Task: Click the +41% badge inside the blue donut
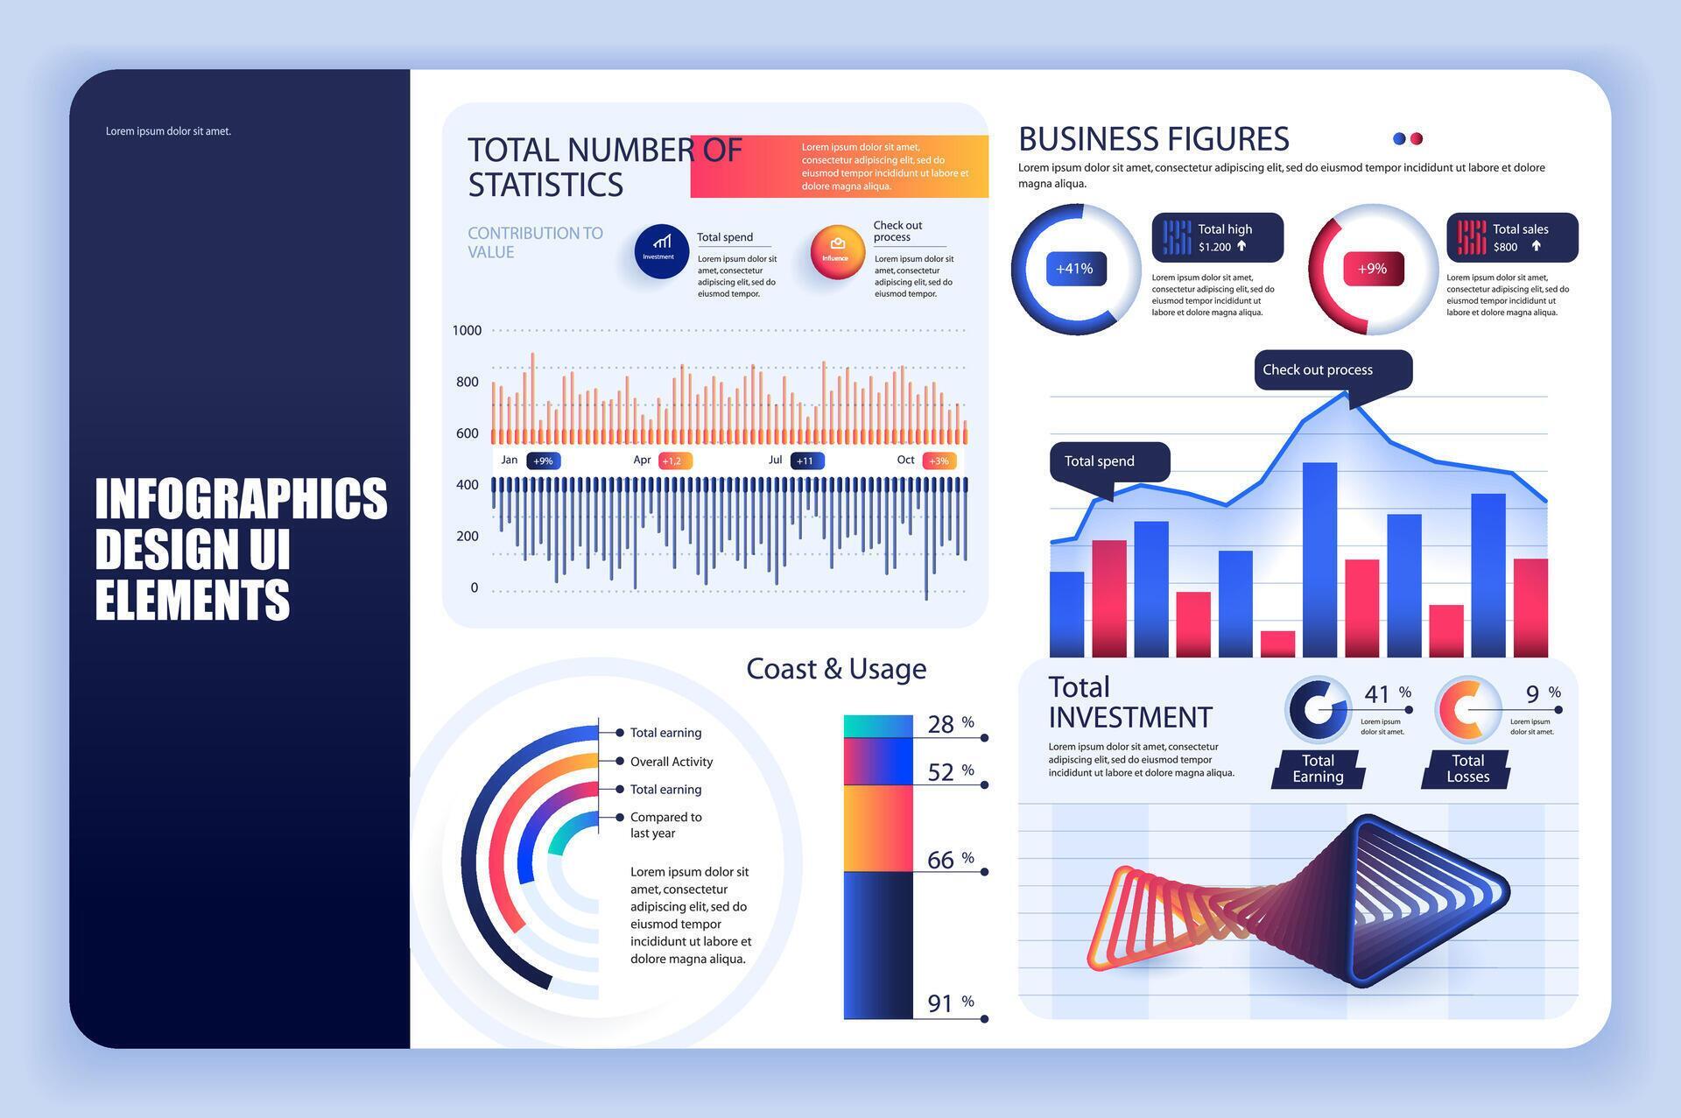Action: (x=1075, y=269)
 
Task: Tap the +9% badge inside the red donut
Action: (x=1372, y=269)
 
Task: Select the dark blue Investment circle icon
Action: (x=661, y=252)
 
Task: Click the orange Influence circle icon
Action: (x=837, y=252)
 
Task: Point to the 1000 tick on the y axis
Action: (x=467, y=331)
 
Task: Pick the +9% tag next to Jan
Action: (x=543, y=461)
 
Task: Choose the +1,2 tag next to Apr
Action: (x=673, y=461)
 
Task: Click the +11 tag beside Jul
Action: (x=805, y=461)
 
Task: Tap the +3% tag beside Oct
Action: (x=939, y=461)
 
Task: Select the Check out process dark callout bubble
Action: (x=1332, y=370)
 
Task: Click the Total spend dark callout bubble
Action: (x=1109, y=461)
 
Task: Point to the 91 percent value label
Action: (x=941, y=1003)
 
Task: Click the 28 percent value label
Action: (x=941, y=724)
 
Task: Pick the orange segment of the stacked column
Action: (x=878, y=828)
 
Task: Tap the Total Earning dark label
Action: (x=1318, y=769)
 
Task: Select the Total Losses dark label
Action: (x=1467, y=769)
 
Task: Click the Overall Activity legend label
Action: (x=671, y=762)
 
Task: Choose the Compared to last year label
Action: (x=665, y=825)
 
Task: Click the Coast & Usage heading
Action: (x=836, y=669)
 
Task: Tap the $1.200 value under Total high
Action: (x=1214, y=247)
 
